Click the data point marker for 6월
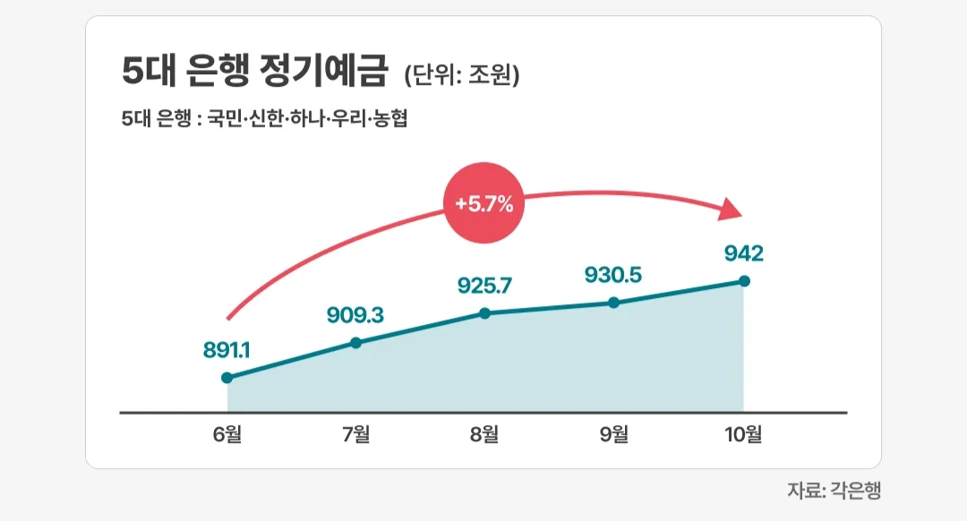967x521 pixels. tap(227, 378)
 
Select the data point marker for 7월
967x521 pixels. tap(356, 342)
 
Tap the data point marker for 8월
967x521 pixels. tap(485, 313)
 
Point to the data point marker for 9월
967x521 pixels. tap(614, 303)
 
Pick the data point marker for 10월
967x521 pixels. tap(743, 281)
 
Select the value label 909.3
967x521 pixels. tap(356, 314)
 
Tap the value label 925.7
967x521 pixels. tap(485, 286)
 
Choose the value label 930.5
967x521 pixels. tap(614, 275)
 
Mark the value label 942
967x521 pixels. tap(743, 254)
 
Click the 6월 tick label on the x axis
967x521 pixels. tap(227, 435)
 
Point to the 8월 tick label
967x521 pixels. tap(485, 435)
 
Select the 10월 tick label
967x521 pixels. tap(743, 435)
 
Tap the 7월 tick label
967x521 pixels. tap(356, 435)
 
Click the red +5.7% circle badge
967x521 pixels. tap(483, 203)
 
